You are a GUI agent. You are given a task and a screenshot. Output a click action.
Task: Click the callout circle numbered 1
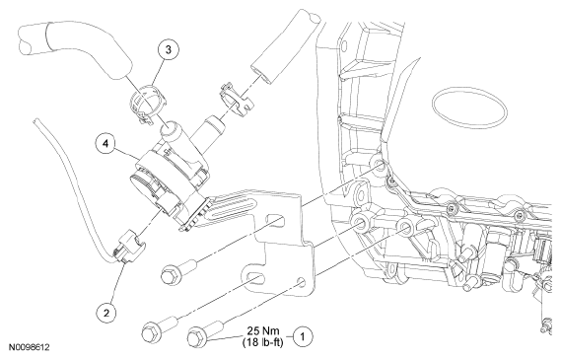tap(303, 336)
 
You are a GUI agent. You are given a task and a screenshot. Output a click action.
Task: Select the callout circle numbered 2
tap(106, 313)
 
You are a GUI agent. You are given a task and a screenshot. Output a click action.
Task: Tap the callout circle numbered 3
tap(168, 49)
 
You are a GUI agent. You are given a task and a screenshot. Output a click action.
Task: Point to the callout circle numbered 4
tap(105, 143)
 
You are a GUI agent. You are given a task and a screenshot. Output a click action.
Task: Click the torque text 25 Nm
tap(263, 330)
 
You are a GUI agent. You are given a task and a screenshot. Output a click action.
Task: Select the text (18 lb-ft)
tap(262, 342)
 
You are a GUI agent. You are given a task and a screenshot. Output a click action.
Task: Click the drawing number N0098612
tap(30, 347)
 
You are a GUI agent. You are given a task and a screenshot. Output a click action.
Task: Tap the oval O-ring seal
tap(469, 108)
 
